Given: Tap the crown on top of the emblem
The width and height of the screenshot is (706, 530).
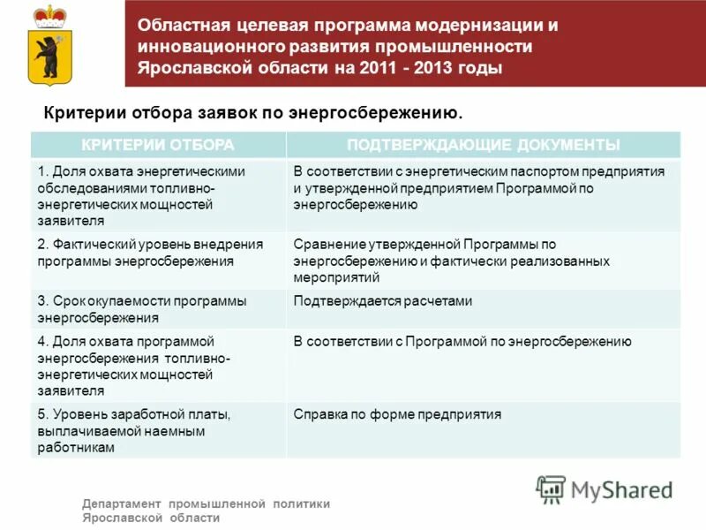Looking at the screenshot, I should [x=52, y=16].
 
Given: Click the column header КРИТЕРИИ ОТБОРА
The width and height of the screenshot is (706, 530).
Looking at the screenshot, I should [x=158, y=145].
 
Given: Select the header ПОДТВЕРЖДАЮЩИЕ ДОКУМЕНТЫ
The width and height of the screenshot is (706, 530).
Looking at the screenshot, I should [x=484, y=145].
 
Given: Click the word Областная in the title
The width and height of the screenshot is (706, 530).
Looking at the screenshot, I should [x=181, y=26].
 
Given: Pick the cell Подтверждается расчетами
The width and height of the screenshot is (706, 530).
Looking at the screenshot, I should [x=383, y=301].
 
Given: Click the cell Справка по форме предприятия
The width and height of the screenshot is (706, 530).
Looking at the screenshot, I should [x=397, y=413].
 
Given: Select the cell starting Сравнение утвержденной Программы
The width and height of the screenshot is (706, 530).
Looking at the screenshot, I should [x=451, y=261].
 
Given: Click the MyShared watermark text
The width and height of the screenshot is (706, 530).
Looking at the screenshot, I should [x=622, y=489].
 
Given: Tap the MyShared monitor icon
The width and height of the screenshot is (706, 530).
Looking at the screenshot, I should [x=551, y=488].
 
